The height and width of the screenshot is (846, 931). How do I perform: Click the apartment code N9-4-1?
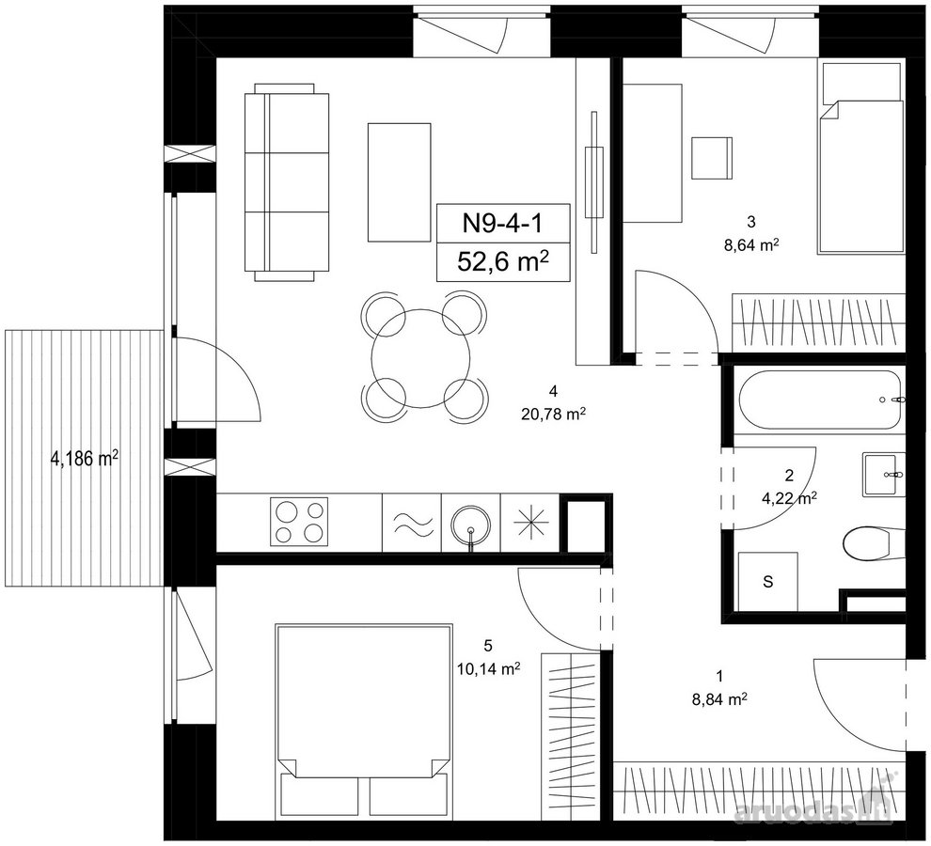[x=502, y=224]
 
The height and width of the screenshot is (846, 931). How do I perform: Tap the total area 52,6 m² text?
[x=502, y=261]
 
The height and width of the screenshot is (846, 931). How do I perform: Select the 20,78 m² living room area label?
[x=554, y=415]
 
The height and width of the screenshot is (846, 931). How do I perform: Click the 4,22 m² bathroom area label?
[x=789, y=498]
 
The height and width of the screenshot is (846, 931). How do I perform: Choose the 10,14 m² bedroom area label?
[x=489, y=669]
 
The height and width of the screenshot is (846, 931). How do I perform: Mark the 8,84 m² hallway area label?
[x=719, y=700]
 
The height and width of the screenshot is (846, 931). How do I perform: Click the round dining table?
[x=420, y=358]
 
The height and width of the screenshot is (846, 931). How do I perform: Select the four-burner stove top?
[x=299, y=522]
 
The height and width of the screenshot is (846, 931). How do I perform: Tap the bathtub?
[x=819, y=399]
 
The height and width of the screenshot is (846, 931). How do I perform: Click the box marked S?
[x=767, y=581]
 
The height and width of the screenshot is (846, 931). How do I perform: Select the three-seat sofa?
[x=286, y=182]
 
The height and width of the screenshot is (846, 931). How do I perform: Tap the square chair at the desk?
[x=713, y=157]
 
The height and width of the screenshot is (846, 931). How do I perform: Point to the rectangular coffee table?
[x=399, y=182]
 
